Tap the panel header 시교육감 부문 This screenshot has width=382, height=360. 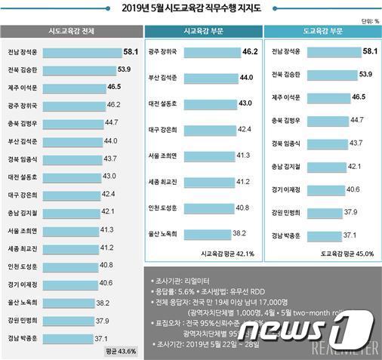pyautogui.click(x=202, y=32)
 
